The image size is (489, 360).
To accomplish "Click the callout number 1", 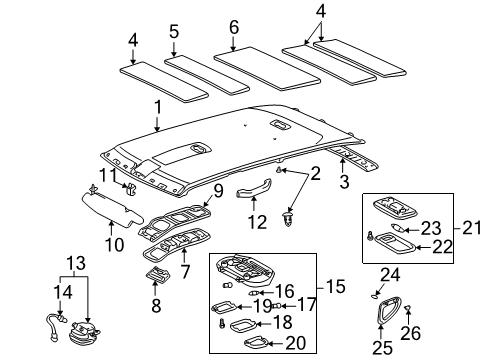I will (156, 107).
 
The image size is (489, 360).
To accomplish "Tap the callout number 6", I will (235, 27).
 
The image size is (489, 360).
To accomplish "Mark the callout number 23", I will (431, 227).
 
